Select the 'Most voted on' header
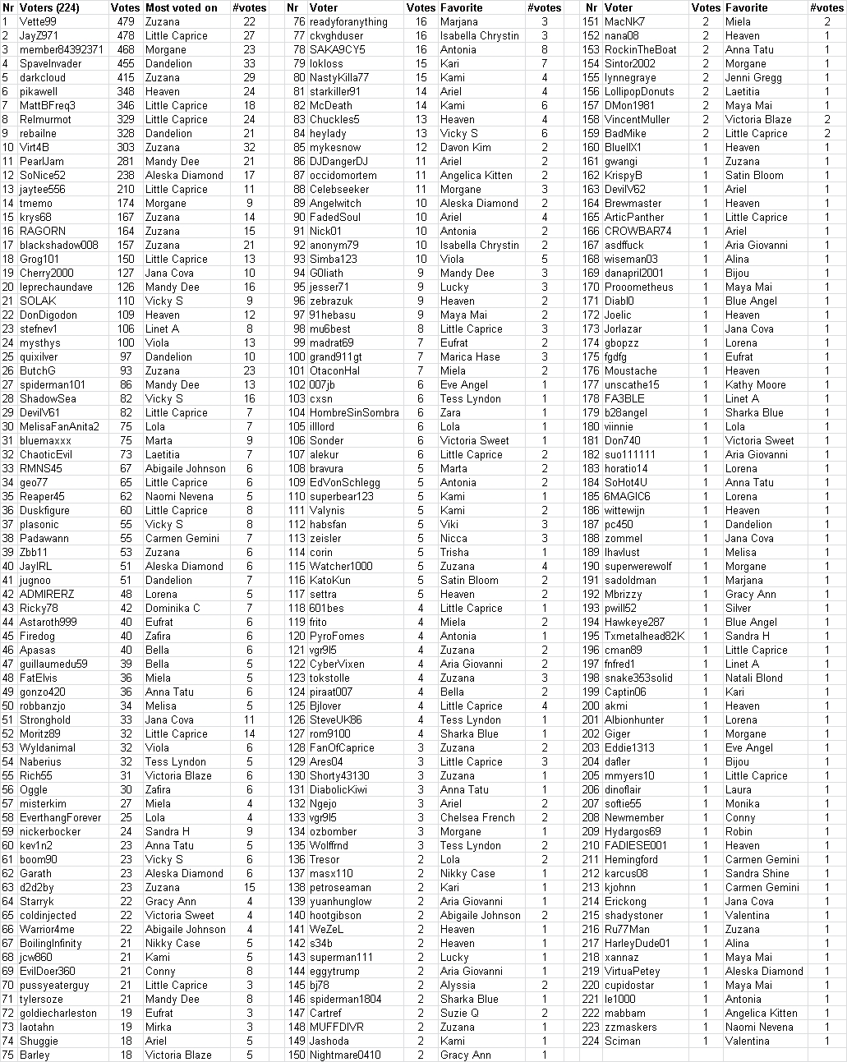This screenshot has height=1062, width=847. click(x=182, y=7)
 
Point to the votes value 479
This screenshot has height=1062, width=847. click(x=125, y=21)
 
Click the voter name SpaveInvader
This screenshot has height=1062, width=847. click(x=50, y=63)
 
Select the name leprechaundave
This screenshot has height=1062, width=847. click(x=56, y=287)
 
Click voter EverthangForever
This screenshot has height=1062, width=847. click(x=60, y=817)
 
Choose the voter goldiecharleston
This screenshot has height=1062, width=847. click(x=58, y=1013)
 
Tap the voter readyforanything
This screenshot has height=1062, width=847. click(x=348, y=21)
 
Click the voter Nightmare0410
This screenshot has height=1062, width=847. click(x=345, y=1055)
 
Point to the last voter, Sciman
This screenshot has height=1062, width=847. click(x=622, y=1041)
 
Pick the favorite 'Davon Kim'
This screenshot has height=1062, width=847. click(x=465, y=147)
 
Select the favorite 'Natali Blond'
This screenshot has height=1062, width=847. click(x=753, y=678)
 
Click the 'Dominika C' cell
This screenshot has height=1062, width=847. click(x=173, y=608)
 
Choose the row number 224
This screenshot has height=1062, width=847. click(x=590, y=1041)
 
